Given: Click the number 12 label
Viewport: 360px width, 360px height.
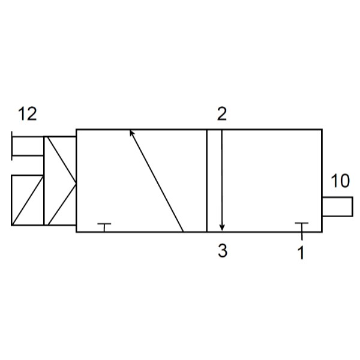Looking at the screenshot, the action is (28, 113).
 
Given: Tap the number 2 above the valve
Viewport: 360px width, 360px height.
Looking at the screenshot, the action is (222, 113).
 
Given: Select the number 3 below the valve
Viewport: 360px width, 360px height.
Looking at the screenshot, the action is (223, 250).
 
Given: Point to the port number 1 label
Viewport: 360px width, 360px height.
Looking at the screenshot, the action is (301, 253).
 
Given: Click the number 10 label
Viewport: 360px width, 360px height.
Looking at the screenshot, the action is (340, 181).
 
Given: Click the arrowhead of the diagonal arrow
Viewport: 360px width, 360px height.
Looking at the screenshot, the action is (131, 133).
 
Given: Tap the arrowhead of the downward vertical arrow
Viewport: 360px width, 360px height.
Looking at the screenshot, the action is (222, 227).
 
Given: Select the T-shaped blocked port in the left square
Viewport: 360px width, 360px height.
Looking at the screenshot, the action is (104, 227).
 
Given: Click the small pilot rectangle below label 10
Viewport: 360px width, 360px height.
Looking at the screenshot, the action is (337, 206).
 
